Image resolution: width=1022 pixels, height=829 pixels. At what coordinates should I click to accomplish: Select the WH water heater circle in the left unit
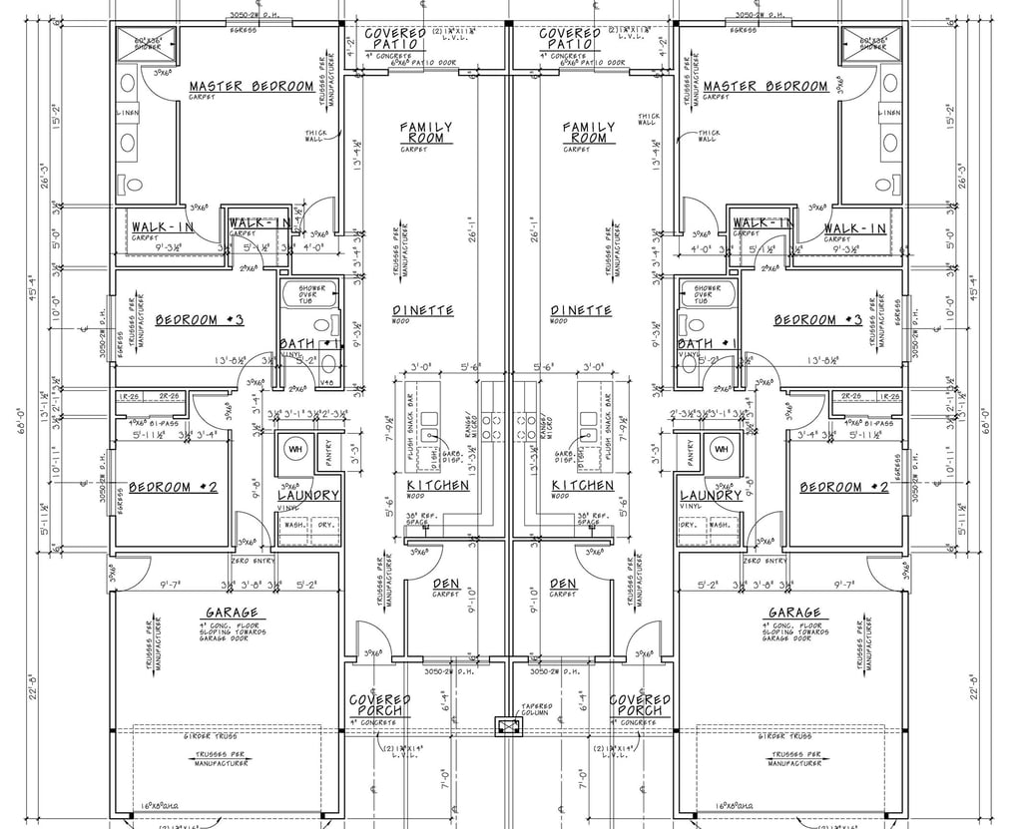click(296, 449)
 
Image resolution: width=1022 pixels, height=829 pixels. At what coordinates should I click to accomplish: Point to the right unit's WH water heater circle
click(722, 449)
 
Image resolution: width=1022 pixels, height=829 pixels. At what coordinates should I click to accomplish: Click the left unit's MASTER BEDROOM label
click(252, 87)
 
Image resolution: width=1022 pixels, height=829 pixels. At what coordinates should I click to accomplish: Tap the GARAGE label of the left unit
click(232, 613)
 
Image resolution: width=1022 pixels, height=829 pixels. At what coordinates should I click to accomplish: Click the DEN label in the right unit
click(563, 584)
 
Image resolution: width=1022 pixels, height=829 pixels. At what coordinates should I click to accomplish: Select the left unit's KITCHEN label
click(437, 486)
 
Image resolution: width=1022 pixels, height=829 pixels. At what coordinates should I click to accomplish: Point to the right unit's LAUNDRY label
click(712, 496)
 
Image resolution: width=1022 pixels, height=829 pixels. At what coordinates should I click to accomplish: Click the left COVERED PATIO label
click(398, 39)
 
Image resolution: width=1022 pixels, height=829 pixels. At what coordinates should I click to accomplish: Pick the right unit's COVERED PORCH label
click(640, 705)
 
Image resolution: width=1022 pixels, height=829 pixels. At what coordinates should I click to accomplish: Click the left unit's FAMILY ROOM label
click(426, 133)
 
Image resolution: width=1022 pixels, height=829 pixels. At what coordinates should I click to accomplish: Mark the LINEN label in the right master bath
click(888, 114)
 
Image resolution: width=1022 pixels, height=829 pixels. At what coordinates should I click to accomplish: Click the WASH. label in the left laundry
click(295, 524)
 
